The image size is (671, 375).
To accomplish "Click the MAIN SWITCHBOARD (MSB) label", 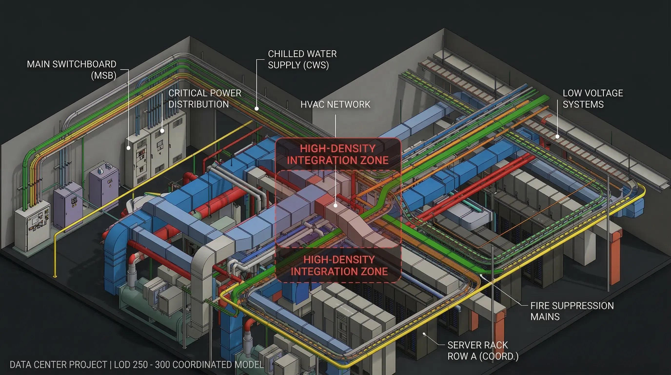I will (72, 70).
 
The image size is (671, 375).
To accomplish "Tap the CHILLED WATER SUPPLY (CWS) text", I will (302, 60).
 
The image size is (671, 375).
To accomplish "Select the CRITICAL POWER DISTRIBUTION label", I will (205, 99).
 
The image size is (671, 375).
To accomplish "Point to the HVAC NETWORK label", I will (335, 104).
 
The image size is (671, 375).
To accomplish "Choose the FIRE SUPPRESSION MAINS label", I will (572, 311).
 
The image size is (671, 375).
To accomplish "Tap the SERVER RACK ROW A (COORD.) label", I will (483, 351).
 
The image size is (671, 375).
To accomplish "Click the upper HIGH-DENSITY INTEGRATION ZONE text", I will (338, 154).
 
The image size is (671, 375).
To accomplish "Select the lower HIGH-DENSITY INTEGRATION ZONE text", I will (339, 265).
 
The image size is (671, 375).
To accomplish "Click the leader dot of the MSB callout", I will (128, 148).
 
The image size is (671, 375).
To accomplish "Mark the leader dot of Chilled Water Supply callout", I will (257, 108).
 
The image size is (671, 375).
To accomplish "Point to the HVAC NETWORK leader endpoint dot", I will (335, 206).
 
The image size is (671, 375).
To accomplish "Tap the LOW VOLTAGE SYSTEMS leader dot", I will (557, 136).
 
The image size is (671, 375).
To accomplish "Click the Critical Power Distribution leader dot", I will (162, 131).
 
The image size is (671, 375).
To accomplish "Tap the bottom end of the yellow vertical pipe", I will (55, 276).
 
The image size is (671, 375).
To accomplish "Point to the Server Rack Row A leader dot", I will (424, 334).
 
